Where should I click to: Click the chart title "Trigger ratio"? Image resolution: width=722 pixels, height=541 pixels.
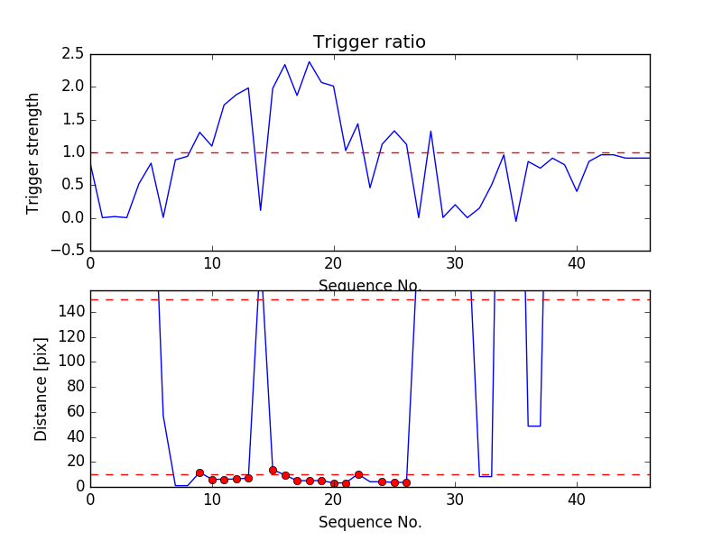369,42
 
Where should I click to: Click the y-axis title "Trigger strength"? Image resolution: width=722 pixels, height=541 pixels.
33,152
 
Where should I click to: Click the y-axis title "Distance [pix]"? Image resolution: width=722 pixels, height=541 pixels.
41,389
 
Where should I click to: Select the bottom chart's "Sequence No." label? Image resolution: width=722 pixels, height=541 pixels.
369,522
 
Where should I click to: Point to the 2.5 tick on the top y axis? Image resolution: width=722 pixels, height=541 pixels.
73,54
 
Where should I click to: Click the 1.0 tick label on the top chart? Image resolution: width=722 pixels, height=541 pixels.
73,152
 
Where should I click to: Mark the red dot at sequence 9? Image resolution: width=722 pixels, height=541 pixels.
199,472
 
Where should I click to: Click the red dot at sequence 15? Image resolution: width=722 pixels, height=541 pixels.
273,470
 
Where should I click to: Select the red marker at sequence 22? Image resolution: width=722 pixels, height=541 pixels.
358,474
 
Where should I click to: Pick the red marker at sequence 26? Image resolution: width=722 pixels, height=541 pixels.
406,482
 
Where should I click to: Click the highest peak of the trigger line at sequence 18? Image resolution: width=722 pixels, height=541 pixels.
309,62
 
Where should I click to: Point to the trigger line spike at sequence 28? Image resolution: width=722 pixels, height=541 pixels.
430,132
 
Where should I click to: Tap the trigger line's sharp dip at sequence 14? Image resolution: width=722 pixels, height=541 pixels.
260,210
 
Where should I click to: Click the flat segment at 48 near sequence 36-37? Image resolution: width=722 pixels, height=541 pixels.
533,426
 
